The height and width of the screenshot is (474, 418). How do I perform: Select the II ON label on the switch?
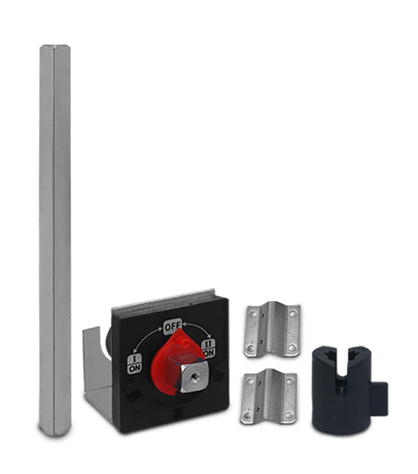(x=209, y=347)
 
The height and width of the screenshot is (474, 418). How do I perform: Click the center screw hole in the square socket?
(x=195, y=378)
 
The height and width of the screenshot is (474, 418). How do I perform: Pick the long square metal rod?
(x=55, y=240)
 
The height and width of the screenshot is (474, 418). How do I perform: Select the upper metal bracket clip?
(x=272, y=330)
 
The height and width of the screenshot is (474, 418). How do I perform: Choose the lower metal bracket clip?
(x=269, y=396)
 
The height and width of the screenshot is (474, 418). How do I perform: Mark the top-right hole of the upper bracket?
(x=291, y=313)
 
